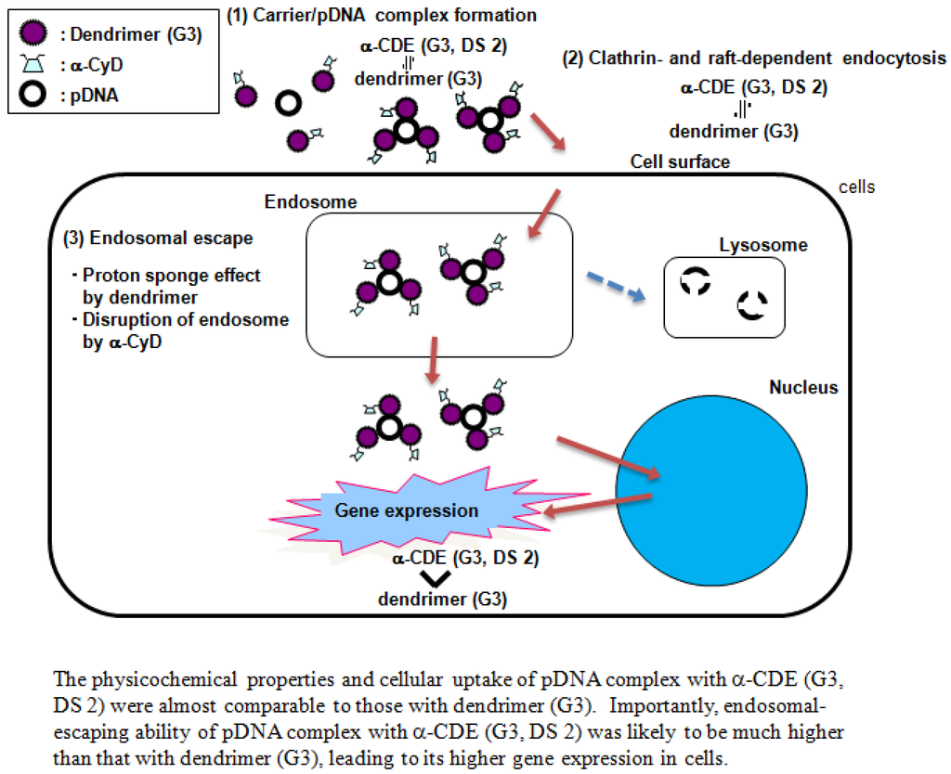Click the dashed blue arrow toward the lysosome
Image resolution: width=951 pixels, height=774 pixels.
[x=616, y=285]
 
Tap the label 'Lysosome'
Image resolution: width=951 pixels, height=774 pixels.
[x=763, y=245]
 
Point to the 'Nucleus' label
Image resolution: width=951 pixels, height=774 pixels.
[x=803, y=387]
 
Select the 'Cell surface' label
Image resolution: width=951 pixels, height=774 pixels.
[x=680, y=161]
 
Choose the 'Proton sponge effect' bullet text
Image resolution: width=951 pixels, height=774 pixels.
[x=171, y=275]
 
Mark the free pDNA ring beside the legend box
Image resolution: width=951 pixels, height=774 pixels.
[x=288, y=104]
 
